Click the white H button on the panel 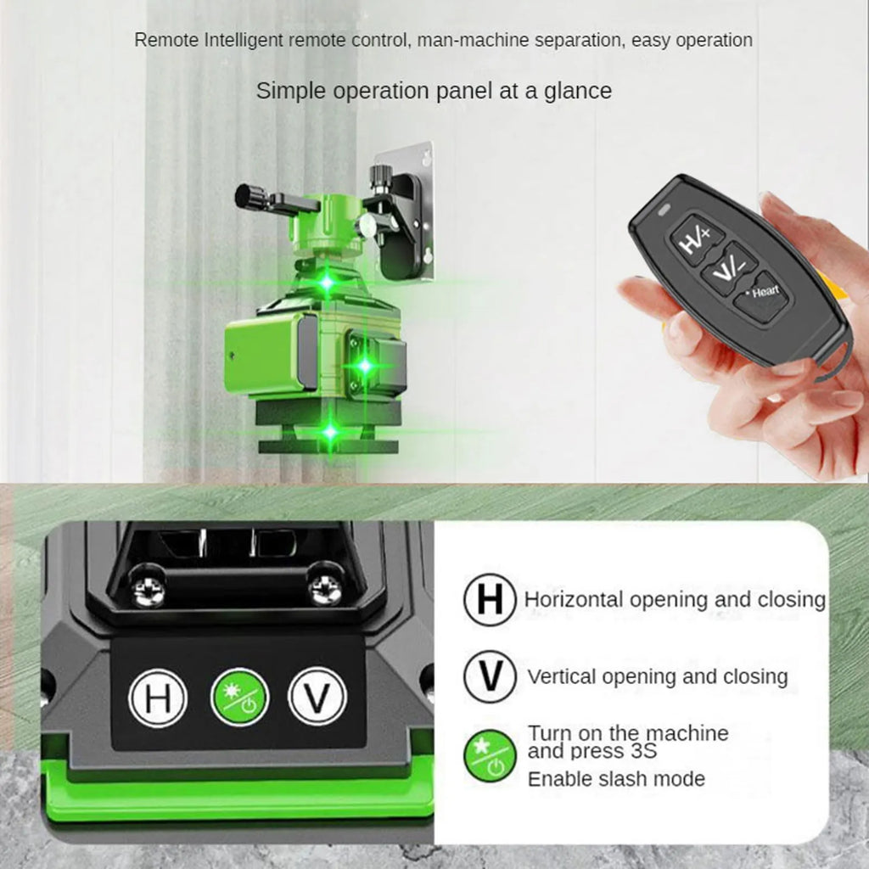[157, 698]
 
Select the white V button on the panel [317, 698]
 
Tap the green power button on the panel [239, 698]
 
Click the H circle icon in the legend [490, 599]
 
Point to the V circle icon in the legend [490, 676]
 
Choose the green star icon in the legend [490, 755]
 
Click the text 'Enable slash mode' [616, 778]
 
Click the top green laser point [327, 283]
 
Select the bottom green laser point [330, 432]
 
